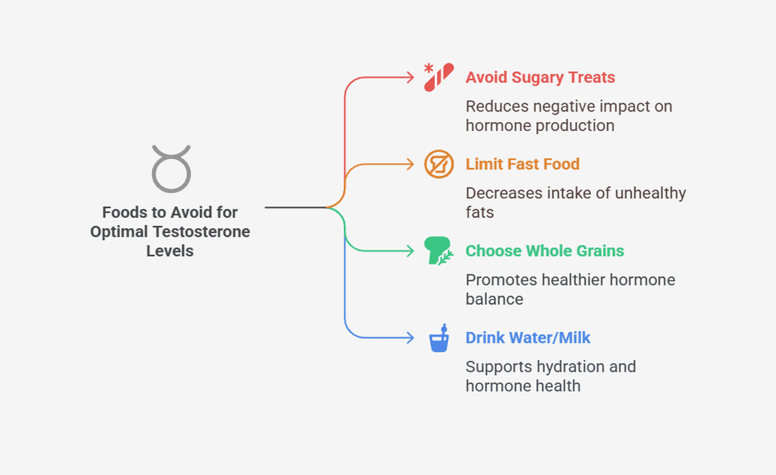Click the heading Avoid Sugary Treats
(540, 78)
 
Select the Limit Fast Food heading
(522, 164)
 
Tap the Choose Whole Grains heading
(544, 251)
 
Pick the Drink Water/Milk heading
(527, 337)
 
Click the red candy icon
(439, 77)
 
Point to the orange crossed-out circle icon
(439, 164)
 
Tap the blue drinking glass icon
(439, 338)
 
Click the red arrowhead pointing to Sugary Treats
(410, 78)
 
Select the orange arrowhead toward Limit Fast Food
(410, 164)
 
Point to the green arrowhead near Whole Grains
(410, 251)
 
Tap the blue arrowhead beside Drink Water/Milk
(410, 337)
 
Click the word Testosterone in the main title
(201, 231)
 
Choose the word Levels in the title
(170, 251)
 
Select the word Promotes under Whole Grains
(501, 279)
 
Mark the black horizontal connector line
(296, 207)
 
